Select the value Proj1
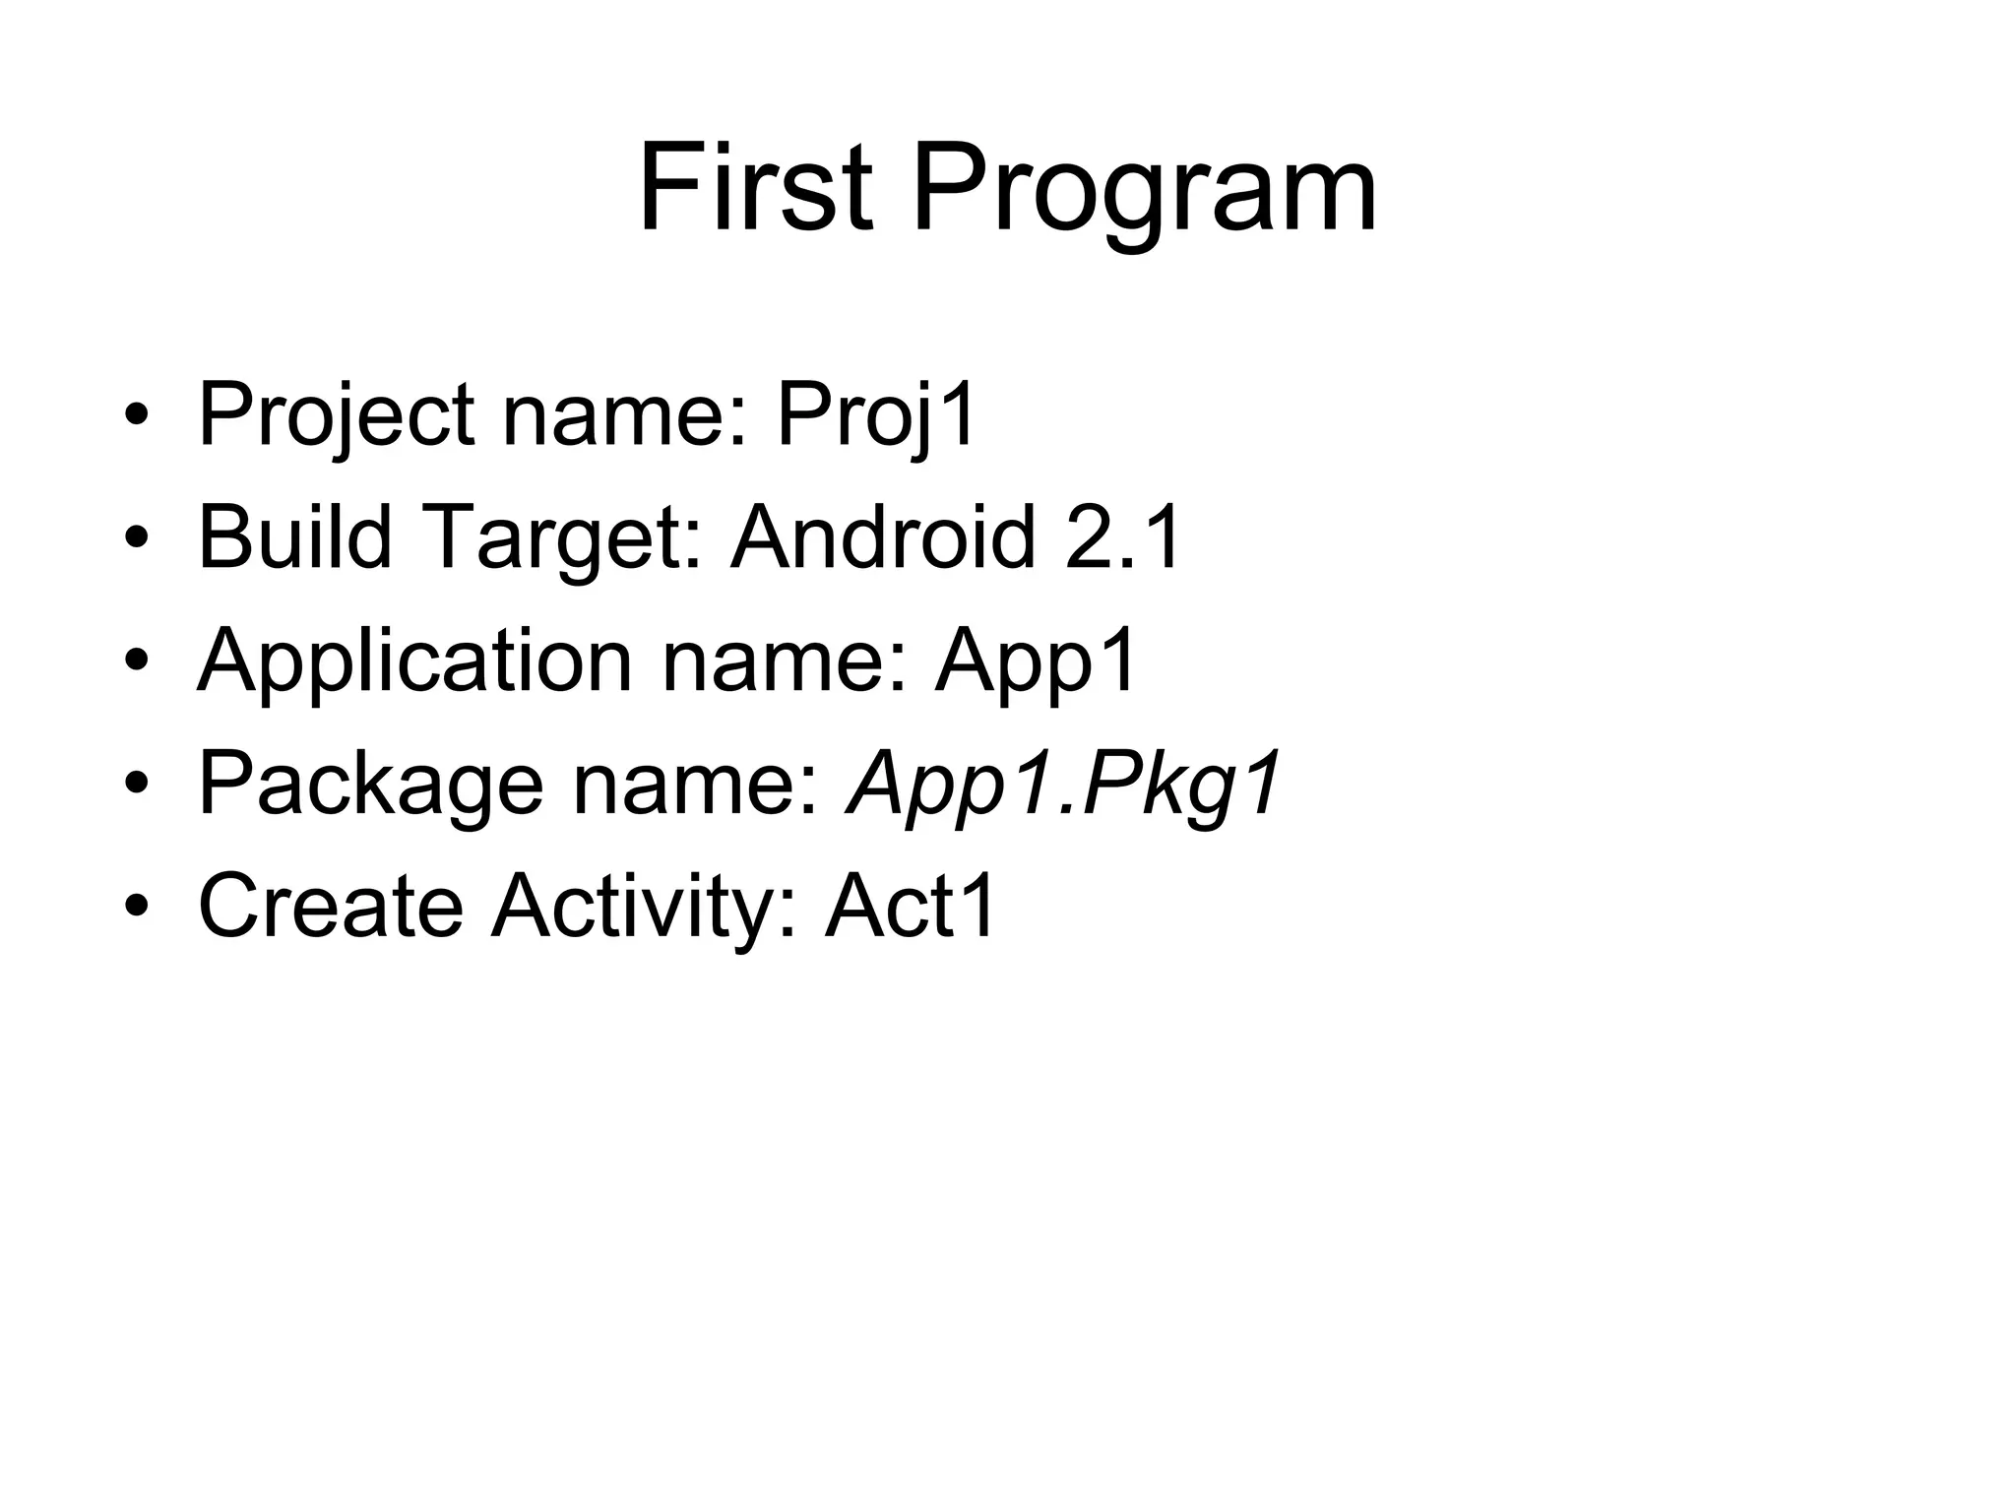pyautogui.click(x=876, y=416)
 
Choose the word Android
pyautogui.click(x=882, y=537)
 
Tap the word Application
pyautogui.click(x=413, y=661)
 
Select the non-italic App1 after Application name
pyautogui.click(x=1037, y=661)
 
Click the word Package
pyautogui.click(x=370, y=785)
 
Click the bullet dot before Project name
pyautogui.click(x=137, y=416)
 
